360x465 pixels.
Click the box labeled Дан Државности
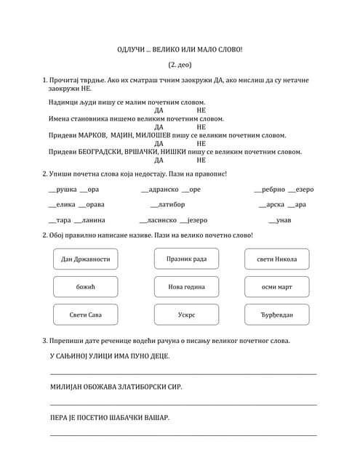86,259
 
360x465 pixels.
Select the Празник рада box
186,259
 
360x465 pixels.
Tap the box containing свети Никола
276,259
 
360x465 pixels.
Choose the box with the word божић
86,286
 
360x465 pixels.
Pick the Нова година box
186,286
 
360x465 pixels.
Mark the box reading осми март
276,286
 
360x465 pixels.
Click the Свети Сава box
86,315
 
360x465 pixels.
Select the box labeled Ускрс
186,315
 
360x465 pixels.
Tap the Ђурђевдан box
276,315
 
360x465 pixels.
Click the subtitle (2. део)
180,65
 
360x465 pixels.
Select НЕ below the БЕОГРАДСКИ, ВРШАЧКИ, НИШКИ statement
201,160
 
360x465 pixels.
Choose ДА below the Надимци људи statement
159,110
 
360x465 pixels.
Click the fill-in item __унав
279,220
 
